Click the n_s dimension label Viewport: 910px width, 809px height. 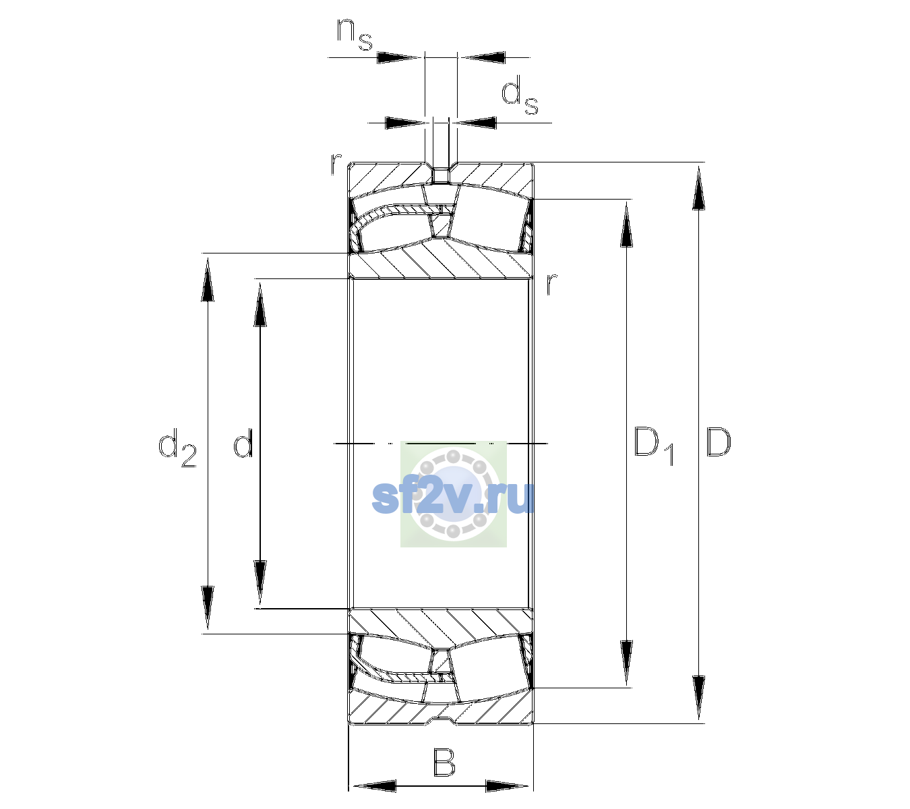point(355,36)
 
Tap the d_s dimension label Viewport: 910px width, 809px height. point(519,95)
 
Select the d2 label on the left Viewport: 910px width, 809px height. point(177,448)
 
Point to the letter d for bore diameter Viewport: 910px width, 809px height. point(243,443)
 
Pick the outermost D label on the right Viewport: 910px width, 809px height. point(719,442)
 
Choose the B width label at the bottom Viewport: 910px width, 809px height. point(444,762)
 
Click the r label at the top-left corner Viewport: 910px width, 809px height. point(336,164)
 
